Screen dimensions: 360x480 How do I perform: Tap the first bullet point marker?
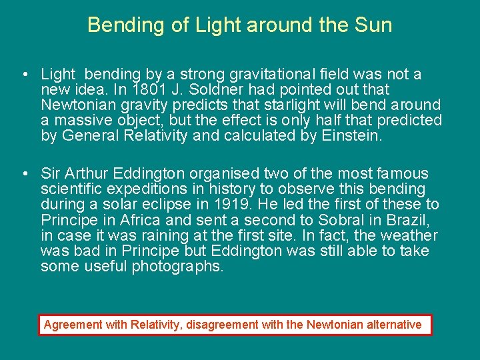point(24,75)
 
